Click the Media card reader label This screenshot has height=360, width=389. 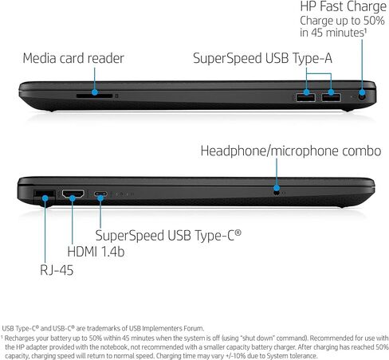pos(73,58)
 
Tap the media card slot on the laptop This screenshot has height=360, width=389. pos(94,96)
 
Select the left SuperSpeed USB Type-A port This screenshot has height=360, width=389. pos(306,97)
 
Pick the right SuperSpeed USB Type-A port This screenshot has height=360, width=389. pos(331,97)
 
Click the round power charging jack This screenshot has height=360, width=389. pos(362,96)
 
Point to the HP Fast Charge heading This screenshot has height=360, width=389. pos(343,6)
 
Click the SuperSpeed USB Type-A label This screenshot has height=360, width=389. pos(262,58)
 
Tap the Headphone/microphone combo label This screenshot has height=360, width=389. pos(291,151)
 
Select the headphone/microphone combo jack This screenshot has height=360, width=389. pos(277,192)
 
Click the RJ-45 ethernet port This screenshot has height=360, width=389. pos(44,197)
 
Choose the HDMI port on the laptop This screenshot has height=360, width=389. pos(73,194)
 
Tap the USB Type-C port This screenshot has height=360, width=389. pos(100,194)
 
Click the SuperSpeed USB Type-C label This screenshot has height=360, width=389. pos(168,236)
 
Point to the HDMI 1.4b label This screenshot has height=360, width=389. pos(96,252)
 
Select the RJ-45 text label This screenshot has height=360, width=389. pos(57,270)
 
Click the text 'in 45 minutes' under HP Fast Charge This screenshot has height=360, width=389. pos(333,33)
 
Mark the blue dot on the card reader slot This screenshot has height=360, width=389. pos(95,92)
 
